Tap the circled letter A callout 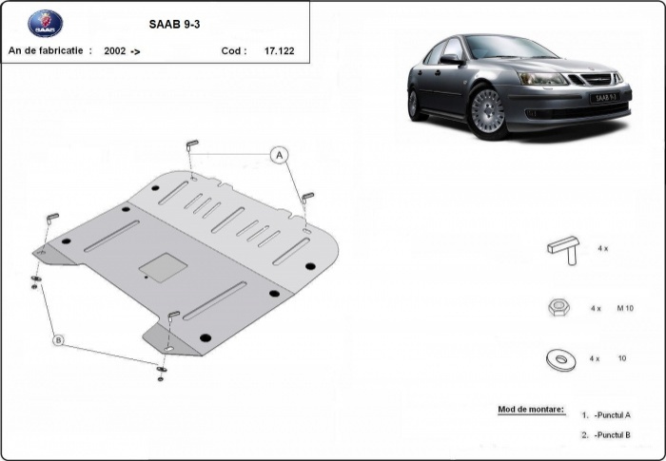[280, 155]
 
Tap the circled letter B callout [58, 339]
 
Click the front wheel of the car [488, 113]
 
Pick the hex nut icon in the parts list [560, 307]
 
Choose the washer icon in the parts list [560, 359]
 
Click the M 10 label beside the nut [626, 308]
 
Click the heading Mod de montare [531, 410]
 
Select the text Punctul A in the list [614, 414]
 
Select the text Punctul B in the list [614, 434]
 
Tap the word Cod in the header [233, 51]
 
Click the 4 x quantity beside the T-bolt [602, 248]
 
